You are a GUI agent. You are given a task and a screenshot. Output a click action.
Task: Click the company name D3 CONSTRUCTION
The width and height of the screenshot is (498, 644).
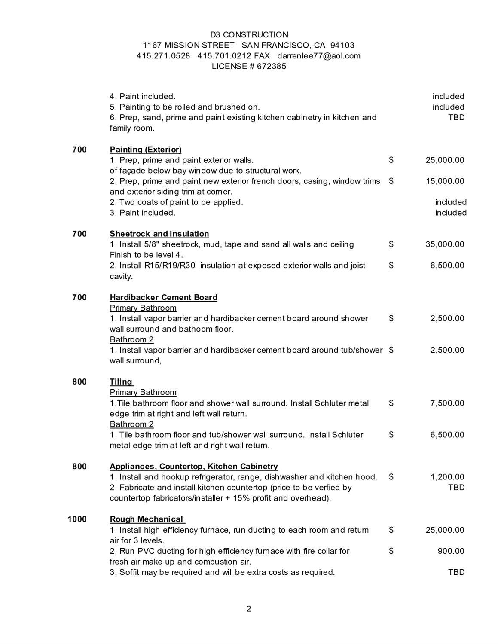[249, 35]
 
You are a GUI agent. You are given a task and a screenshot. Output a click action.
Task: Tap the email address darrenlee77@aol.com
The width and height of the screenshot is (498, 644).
[319, 56]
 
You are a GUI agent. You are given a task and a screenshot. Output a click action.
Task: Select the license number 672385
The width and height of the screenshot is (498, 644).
[272, 67]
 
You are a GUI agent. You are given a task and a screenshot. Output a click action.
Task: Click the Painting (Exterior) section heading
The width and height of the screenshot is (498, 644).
[146, 150]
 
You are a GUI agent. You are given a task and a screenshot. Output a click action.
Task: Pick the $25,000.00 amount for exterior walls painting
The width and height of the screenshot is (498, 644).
[445, 160]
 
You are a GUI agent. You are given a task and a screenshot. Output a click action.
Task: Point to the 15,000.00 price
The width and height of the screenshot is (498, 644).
[445, 181]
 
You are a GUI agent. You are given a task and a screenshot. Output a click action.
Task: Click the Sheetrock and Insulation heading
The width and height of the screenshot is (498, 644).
[159, 234]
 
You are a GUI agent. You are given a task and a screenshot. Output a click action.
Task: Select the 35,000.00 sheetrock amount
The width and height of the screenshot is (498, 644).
[445, 244]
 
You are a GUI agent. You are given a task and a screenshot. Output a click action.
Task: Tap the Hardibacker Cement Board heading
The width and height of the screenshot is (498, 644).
[164, 298]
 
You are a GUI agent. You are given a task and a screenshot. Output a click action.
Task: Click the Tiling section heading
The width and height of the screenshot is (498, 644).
[122, 382]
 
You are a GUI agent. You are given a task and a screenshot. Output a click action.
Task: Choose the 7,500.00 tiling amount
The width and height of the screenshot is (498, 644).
[447, 403]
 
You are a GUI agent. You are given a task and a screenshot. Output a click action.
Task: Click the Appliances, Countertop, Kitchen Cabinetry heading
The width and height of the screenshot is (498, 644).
[194, 467]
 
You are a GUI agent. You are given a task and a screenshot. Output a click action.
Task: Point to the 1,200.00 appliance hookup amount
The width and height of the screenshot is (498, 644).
[447, 477]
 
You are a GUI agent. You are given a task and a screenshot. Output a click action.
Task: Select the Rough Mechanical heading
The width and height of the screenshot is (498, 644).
[147, 519]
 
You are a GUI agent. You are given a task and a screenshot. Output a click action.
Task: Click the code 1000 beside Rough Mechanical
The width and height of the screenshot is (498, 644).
[77, 519]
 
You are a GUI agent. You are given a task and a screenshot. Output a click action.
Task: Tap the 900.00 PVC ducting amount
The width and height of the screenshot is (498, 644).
[451, 551]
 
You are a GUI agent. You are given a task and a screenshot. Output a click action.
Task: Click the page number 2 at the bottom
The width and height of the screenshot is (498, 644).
[249, 609]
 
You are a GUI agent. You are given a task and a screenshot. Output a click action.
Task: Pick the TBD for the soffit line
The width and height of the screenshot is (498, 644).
[456, 572]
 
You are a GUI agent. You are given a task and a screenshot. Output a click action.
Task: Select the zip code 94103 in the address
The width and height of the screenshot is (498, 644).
[342, 46]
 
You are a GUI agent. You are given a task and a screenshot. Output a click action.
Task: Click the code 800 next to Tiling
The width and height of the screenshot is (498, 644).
[79, 382]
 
